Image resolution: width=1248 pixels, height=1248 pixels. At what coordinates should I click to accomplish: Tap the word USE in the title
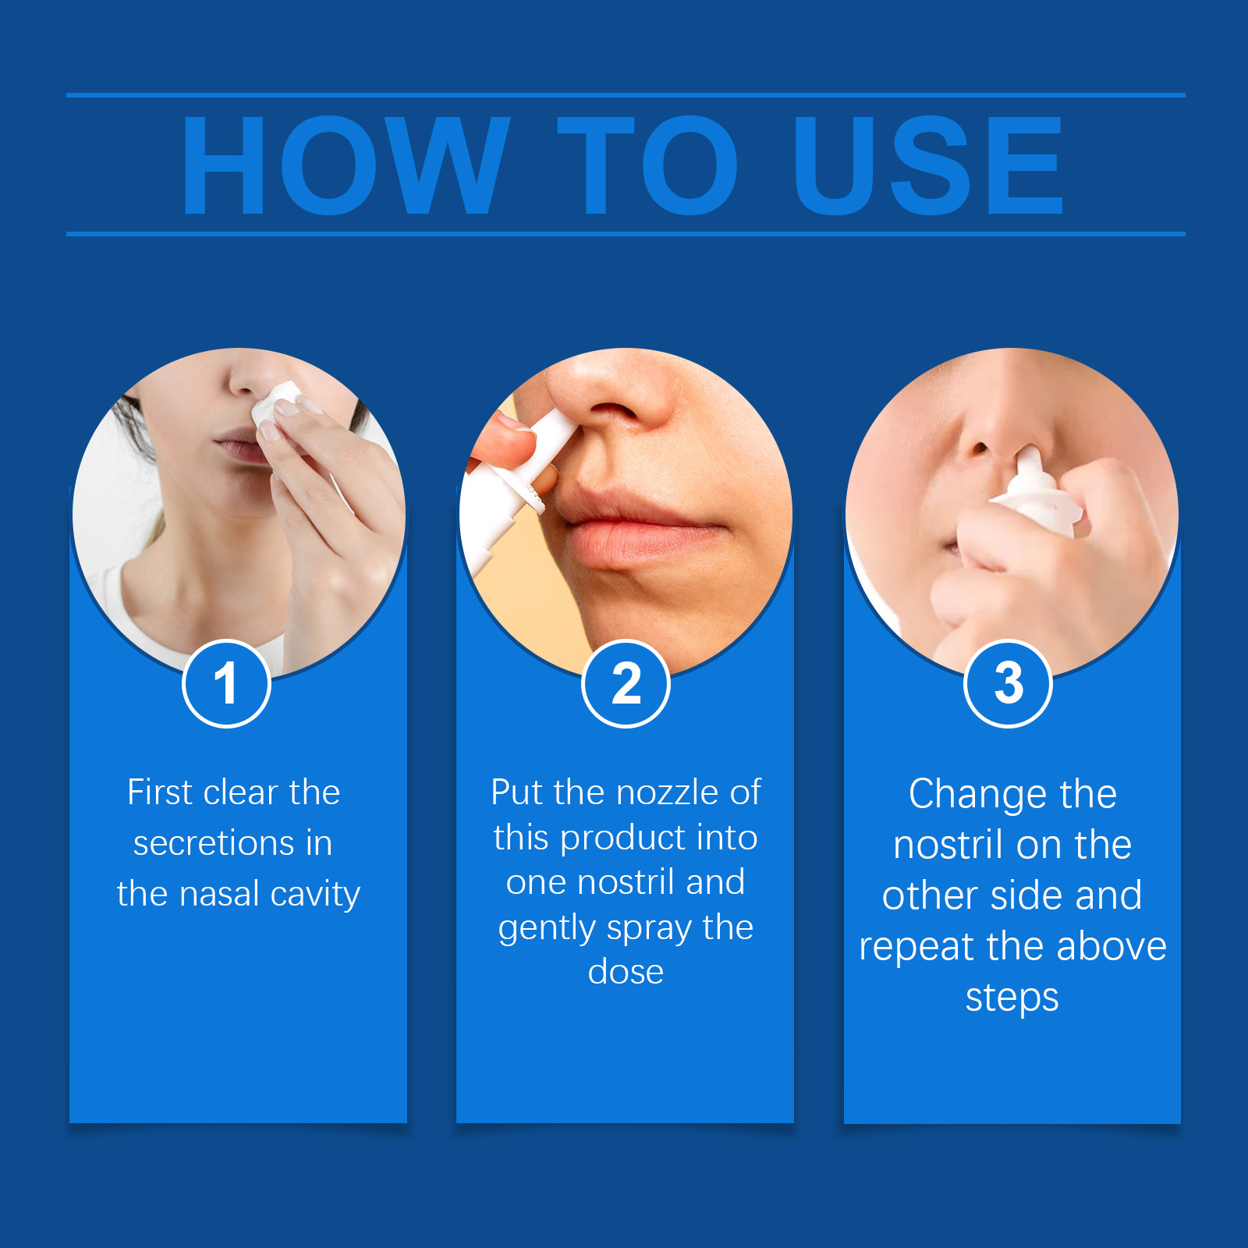point(928,165)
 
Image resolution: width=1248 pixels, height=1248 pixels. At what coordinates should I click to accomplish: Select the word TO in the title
point(647,165)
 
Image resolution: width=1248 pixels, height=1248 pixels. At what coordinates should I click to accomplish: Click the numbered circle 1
point(226,683)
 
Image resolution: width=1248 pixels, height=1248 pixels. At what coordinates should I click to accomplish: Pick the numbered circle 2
point(626,683)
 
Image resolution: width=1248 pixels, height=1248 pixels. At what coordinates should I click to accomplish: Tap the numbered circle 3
point(1009,683)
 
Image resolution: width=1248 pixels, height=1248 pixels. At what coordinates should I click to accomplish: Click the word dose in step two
point(626,972)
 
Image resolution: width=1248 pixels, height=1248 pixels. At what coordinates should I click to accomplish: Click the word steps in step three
point(1012,998)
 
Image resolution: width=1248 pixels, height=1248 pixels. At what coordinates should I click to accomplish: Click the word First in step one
point(159,792)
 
